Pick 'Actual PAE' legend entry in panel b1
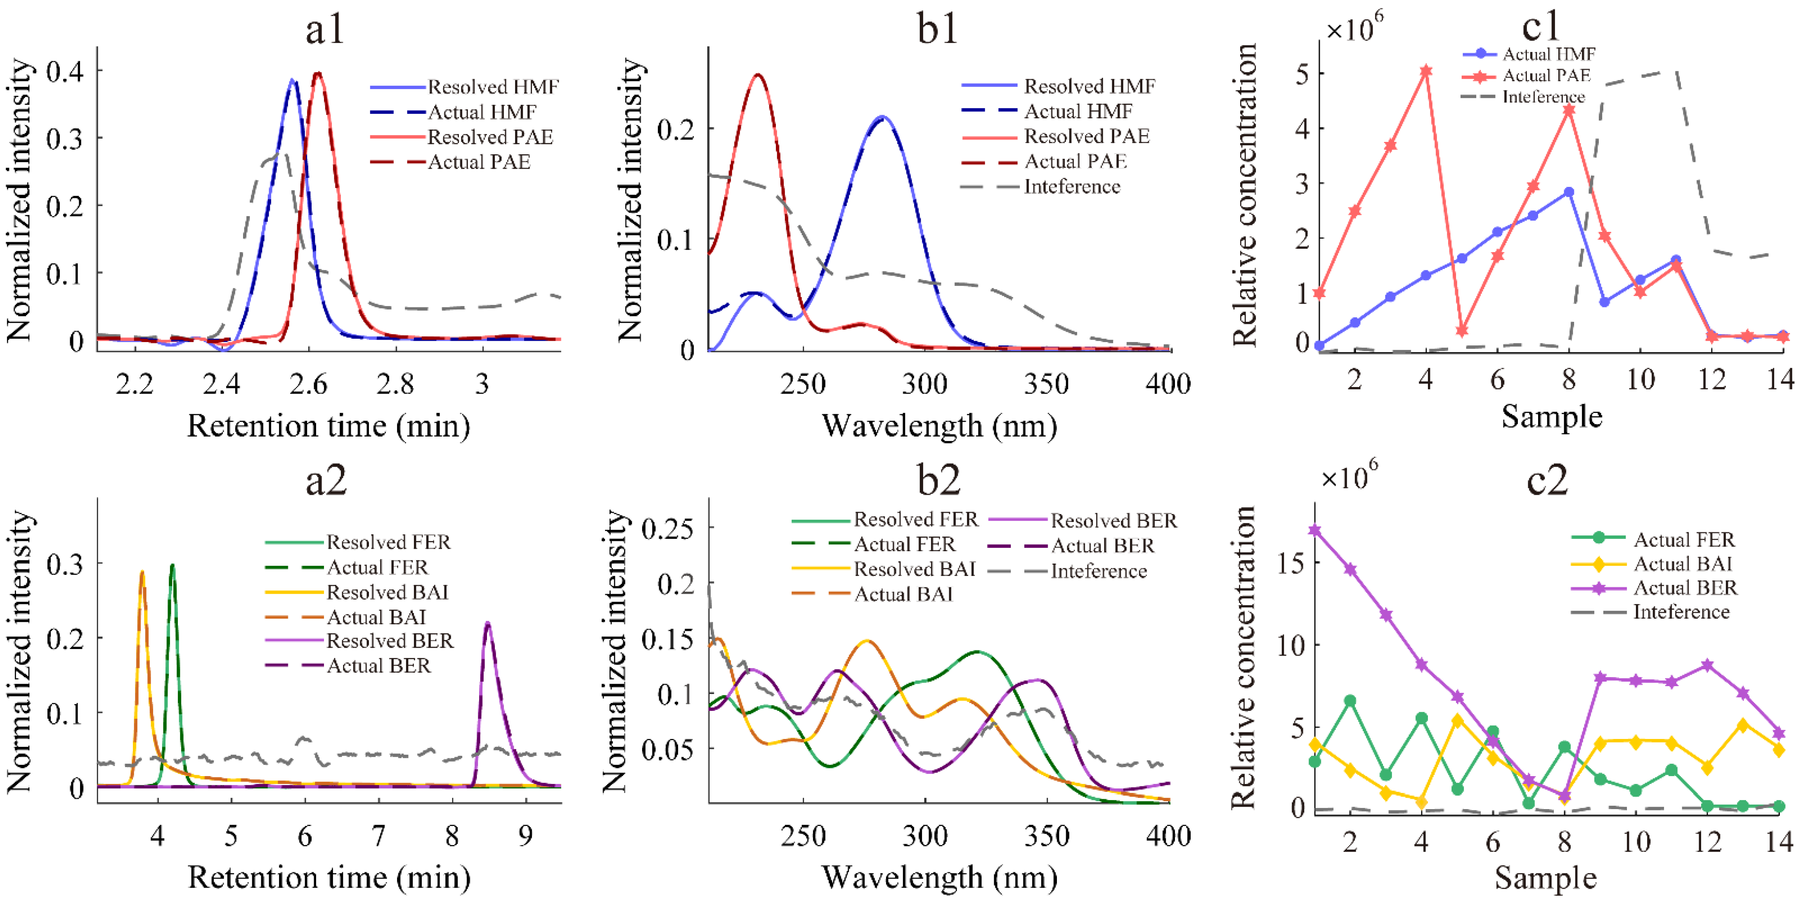click(1075, 161)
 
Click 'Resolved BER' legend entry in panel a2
click(390, 640)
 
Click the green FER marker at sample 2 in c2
click(1350, 701)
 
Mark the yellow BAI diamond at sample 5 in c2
click(1458, 721)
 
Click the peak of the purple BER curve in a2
click(487, 624)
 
